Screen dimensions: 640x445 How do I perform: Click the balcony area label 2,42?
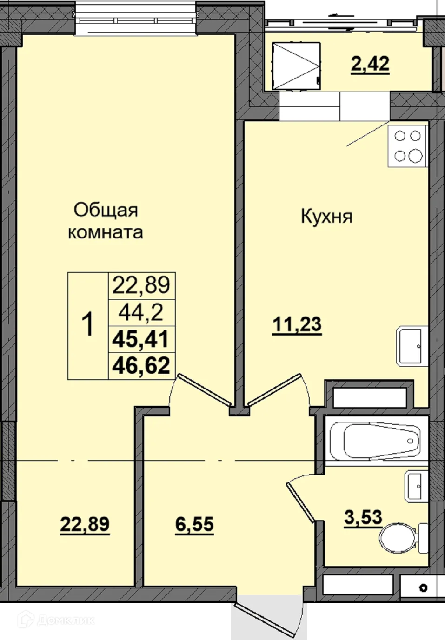click(x=370, y=64)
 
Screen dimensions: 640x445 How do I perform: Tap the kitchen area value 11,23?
click(x=297, y=325)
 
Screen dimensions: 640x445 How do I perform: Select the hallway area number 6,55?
click(x=194, y=525)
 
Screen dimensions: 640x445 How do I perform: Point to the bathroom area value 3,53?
click(x=363, y=517)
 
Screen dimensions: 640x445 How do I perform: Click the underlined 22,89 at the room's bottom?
click(x=85, y=525)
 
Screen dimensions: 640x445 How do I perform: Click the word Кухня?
click(x=326, y=217)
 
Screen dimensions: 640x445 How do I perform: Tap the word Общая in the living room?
click(x=106, y=210)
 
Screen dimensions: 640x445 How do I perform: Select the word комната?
click(x=106, y=232)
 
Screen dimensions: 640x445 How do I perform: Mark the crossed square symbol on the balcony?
click(x=296, y=66)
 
